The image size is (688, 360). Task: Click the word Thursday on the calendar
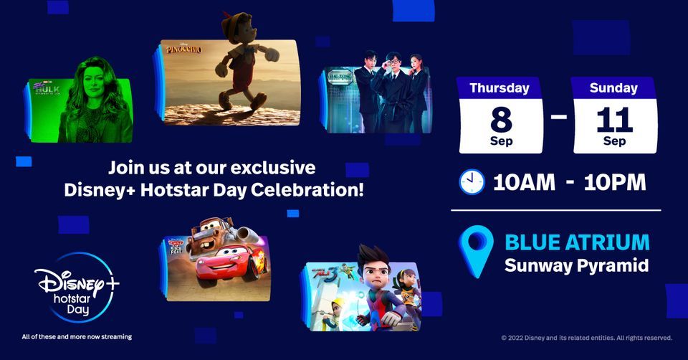(x=500, y=88)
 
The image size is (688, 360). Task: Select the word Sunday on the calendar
(x=614, y=88)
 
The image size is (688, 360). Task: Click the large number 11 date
(x=614, y=118)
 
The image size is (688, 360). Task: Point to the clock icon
(x=472, y=182)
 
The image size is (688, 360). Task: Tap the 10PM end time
(x=615, y=182)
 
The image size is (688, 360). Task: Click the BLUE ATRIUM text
(x=576, y=242)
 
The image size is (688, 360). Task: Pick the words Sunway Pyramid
(x=576, y=265)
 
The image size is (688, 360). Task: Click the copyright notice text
(x=586, y=337)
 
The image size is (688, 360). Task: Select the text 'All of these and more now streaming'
(x=77, y=336)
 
